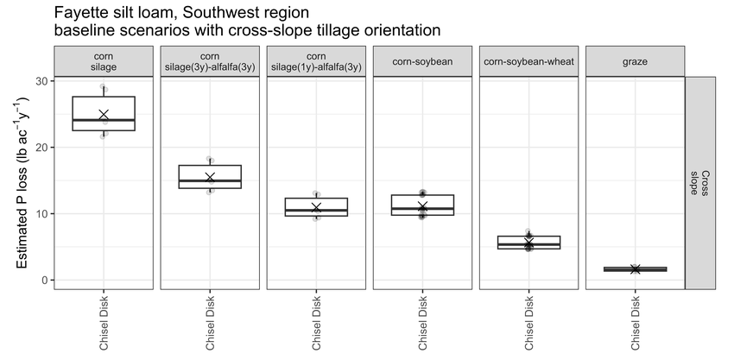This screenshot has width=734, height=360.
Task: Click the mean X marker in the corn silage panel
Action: click(x=104, y=115)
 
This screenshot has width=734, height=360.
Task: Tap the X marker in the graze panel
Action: click(x=636, y=268)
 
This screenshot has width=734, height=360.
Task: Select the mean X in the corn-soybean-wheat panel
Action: click(x=529, y=242)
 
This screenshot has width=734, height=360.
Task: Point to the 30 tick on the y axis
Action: click(x=43, y=81)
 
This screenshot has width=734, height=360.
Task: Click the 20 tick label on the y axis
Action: click(x=43, y=148)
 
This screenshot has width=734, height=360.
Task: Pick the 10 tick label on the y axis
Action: click(x=43, y=214)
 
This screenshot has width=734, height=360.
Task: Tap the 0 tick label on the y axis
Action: click(x=47, y=280)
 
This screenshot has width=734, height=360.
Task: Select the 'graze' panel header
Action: click(x=636, y=61)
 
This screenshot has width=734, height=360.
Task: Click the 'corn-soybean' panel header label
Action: click(x=423, y=61)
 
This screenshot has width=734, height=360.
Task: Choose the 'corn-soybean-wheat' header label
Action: click(x=529, y=61)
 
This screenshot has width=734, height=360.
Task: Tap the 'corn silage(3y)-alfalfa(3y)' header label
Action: click(x=210, y=62)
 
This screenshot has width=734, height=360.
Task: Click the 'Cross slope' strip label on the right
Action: click(x=700, y=183)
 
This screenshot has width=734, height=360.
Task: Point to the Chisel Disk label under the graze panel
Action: click(x=636, y=323)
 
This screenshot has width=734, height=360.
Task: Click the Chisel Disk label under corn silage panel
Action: click(x=104, y=323)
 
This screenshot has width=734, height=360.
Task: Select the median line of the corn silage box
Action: click(x=104, y=120)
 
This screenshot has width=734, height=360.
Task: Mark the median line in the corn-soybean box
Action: click(x=423, y=208)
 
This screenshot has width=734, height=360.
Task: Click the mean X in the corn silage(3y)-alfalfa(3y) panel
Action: click(x=210, y=178)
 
